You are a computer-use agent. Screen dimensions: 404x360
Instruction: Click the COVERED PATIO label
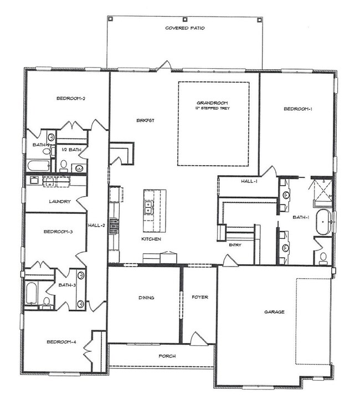[x=184, y=28]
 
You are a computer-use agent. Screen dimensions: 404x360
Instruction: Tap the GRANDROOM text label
[x=212, y=103]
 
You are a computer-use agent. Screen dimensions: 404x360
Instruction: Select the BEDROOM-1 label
[x=298, y=109]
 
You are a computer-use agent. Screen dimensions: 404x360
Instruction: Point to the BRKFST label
[x=145, y=120]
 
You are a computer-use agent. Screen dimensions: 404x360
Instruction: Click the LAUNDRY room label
[x=59, y=202]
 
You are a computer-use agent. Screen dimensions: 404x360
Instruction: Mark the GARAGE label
[x=274, y=312]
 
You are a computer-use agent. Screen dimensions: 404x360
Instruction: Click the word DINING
[x=146, y=298]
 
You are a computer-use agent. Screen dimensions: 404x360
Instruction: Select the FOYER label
[x=199, y=298]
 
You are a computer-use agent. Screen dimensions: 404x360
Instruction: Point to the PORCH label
[x=167, y=356]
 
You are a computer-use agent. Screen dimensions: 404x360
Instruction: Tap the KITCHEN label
[x=151, y=239]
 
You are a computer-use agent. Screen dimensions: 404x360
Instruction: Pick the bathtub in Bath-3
[x=31, y=293]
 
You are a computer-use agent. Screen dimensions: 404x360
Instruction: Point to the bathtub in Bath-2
[x=39, y=165]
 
